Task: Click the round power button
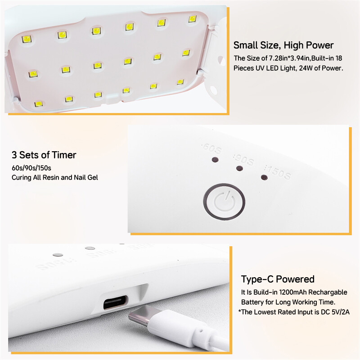pos(225,199)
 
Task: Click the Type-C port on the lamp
pos(117,304)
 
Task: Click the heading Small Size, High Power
pos(283,45)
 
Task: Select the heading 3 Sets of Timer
pos(44,155)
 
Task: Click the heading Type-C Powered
pos(278,279)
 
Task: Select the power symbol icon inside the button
pos(225,199)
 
